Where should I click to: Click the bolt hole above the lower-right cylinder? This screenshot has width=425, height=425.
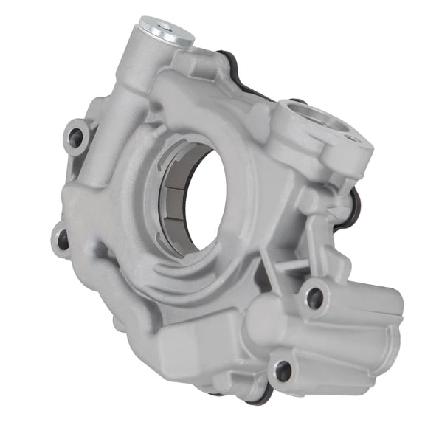coord(314,297)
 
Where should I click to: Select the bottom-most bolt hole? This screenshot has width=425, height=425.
coord(282,370)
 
